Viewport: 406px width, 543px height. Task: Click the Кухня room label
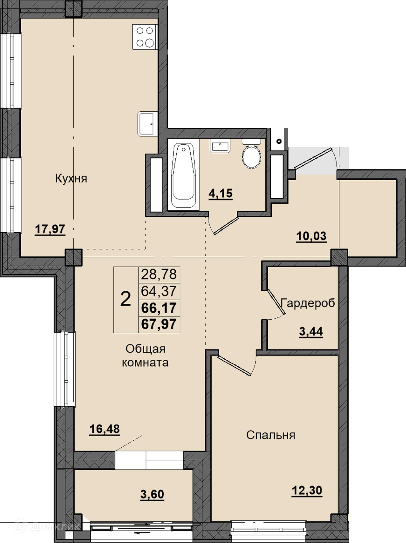tap(71, 179)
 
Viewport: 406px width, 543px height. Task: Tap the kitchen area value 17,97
tap(50, 229)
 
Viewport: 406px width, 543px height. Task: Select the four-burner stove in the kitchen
tap(145, 37)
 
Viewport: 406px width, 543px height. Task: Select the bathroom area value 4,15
tap(221, 193)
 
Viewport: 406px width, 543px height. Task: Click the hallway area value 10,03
tap(311, 236)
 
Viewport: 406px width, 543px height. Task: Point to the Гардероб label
tap(308, 303)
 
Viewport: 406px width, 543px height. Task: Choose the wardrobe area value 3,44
tap(311, 331)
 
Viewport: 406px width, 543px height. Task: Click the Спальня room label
tap(270, 435)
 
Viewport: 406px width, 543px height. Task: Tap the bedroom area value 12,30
tap(307, 490)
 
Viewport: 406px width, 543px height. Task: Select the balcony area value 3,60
tap(152, 494)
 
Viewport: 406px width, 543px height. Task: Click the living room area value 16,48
tap(104, 429)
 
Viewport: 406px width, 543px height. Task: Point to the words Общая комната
tap(145, 356)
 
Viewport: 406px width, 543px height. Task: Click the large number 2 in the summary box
tap(126, 299)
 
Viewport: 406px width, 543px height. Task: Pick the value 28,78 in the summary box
tap(159, 274)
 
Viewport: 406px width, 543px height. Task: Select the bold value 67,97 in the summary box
tap(159, 324)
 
